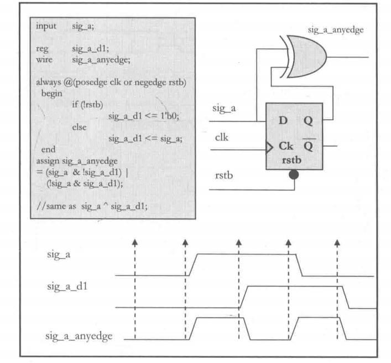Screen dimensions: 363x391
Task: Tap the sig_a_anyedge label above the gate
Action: pos(336,30)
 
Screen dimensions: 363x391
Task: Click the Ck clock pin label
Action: pos(285,147)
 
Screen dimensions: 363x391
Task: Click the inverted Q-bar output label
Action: pos(308,147)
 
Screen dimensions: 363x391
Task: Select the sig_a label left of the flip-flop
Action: pos(224,109)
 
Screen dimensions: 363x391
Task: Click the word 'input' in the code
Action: pos(46,26)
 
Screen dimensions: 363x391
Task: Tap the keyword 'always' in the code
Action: pos(49,82)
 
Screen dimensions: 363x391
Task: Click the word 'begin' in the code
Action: pos(51,93)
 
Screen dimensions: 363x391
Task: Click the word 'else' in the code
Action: pos(80,127)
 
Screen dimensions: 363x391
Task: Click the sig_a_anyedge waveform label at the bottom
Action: pos(79,336)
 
